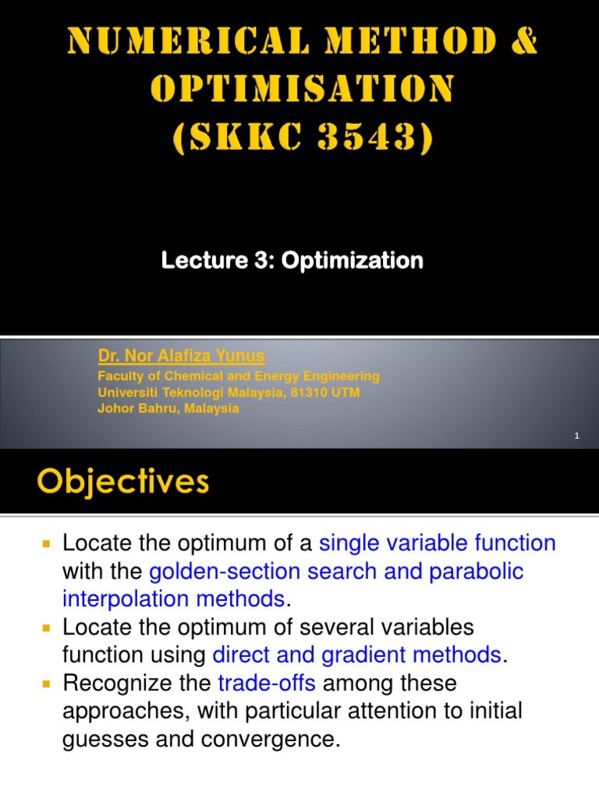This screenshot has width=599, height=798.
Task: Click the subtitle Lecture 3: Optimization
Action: [292, 260]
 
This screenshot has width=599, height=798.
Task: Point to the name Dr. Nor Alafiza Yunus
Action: [181, 356]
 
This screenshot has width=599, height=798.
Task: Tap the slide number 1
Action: [576, 436]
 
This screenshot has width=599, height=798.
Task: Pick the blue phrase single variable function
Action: [438, 542]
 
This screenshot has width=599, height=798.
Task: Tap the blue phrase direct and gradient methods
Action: [356, 655]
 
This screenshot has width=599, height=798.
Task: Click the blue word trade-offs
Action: [267, 683]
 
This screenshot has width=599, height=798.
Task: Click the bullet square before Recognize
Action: [46, 683]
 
